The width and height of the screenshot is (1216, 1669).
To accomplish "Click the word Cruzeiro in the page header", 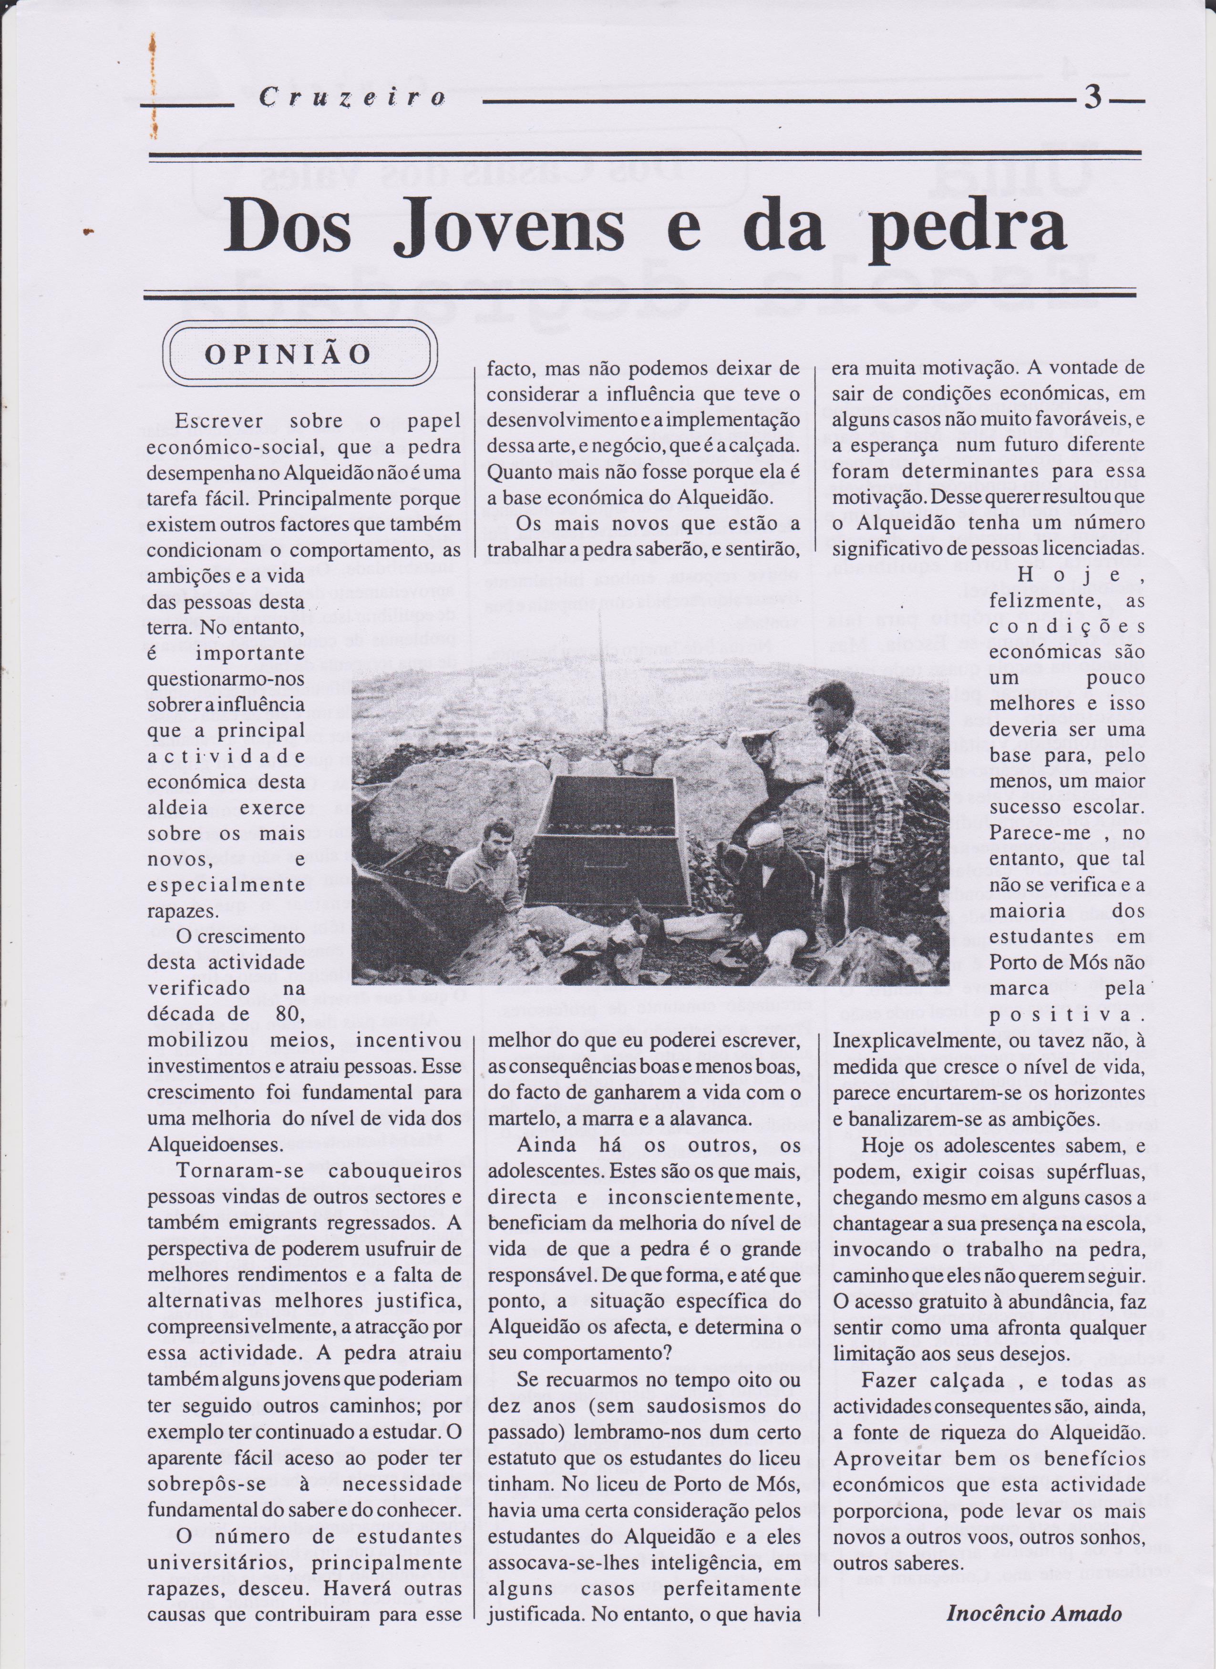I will tap(352, 98).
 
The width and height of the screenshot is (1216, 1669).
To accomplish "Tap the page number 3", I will tap(1092, 97).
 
